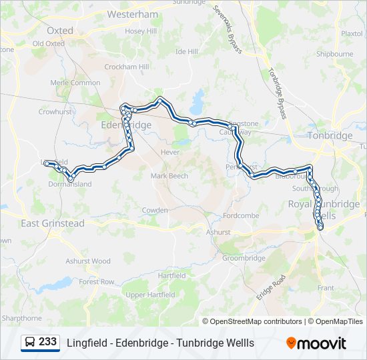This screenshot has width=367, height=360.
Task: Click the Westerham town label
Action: point(132,14)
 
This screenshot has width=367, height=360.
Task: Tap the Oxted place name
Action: point(60,31)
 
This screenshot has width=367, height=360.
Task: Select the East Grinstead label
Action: point(53,223)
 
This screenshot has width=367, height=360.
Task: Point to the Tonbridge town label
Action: point(330,135)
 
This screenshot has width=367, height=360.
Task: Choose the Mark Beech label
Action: point(169,176)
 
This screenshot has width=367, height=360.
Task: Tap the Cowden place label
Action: point(155,210)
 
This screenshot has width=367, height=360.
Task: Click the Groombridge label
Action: point(244,258)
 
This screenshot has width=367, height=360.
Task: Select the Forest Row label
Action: point(97,282)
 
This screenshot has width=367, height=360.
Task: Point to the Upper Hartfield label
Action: point(150,295)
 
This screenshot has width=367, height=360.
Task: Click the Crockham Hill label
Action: point(126,67)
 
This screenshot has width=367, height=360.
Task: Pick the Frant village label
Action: point(326,288)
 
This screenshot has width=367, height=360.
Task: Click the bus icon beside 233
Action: point(29,343)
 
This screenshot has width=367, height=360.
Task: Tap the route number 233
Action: point(47,342)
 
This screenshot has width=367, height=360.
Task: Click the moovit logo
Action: point(316,343)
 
